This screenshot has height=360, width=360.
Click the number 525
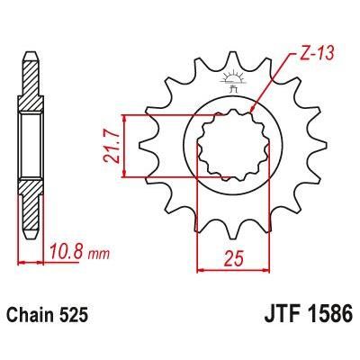(79, 317)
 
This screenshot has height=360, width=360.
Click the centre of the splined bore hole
(227, 144)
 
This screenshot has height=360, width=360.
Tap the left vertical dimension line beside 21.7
(128, 144)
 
